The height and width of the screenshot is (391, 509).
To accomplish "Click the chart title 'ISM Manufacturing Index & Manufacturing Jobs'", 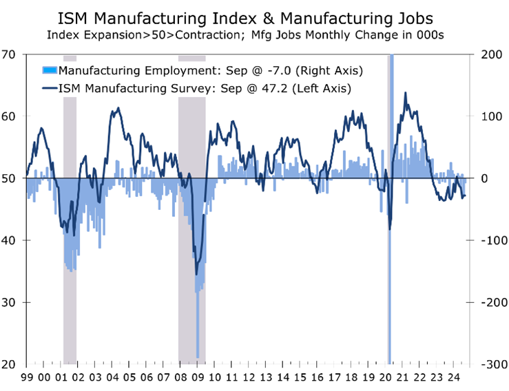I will [254, 15].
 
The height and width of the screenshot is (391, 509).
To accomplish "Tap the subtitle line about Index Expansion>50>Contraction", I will [254, 33].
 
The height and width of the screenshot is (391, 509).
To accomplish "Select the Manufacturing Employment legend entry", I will [210, 70].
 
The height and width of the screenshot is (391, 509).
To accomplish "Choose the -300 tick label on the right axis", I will [490, 364].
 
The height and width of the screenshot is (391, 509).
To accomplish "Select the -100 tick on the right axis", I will [490, 240].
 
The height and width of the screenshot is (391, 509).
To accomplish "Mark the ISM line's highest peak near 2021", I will [405, 93].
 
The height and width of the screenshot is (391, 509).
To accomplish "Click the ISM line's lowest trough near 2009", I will [197, 274].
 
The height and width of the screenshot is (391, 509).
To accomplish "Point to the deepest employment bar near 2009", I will [198, 357].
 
